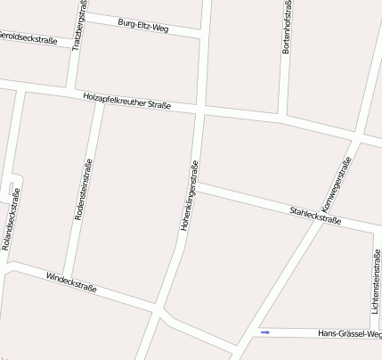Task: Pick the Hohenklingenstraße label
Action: coord(191,197)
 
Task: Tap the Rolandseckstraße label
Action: coord(11,219)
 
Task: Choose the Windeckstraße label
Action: coord(71,284)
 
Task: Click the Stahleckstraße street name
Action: coord(315,213)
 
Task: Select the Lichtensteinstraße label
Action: coord(377,282)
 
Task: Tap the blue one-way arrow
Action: coord(264,332)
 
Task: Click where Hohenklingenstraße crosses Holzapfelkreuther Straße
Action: coord(200,110)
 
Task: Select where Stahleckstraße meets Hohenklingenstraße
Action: coord(197,186)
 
